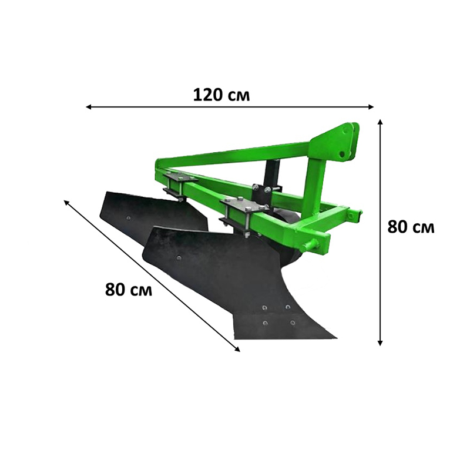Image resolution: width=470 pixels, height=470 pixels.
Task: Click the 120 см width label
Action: tap(221, 95)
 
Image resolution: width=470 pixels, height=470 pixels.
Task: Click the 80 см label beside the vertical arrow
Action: tap(411, 227)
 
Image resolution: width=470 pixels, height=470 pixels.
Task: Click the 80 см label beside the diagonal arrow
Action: tap(129, 290)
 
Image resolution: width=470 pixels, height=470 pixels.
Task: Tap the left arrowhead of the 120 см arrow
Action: tap(89, 107)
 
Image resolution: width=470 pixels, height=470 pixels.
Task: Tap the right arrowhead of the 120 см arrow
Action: tap(371, 107)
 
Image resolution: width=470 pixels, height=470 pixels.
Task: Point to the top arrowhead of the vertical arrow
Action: tap(380, 122)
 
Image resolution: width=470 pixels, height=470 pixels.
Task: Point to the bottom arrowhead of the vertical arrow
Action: tap(380, 343)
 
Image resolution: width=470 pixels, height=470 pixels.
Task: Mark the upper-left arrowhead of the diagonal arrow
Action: tap(66, 203)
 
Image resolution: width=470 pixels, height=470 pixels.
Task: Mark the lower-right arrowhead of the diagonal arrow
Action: tap(237, 349)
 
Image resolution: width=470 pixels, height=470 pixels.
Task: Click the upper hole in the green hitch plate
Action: tap(347, 132)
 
